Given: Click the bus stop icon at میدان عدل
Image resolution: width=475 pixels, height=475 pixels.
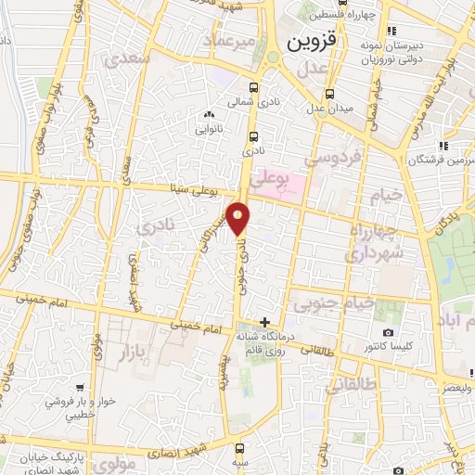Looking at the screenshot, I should pos(329,94).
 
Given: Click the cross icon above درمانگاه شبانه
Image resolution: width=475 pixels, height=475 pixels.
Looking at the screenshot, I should pos(266,322).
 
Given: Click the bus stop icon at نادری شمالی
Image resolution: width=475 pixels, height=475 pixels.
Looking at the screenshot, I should pos(254,90).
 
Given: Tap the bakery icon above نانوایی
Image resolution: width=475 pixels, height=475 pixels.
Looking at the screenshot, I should pos(209,115).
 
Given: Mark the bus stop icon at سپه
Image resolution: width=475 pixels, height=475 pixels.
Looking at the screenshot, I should pos(240,447).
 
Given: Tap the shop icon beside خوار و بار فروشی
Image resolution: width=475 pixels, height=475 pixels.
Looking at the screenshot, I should pos(83,389).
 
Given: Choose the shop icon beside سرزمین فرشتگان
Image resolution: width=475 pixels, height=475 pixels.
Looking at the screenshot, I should pos(444,146).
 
